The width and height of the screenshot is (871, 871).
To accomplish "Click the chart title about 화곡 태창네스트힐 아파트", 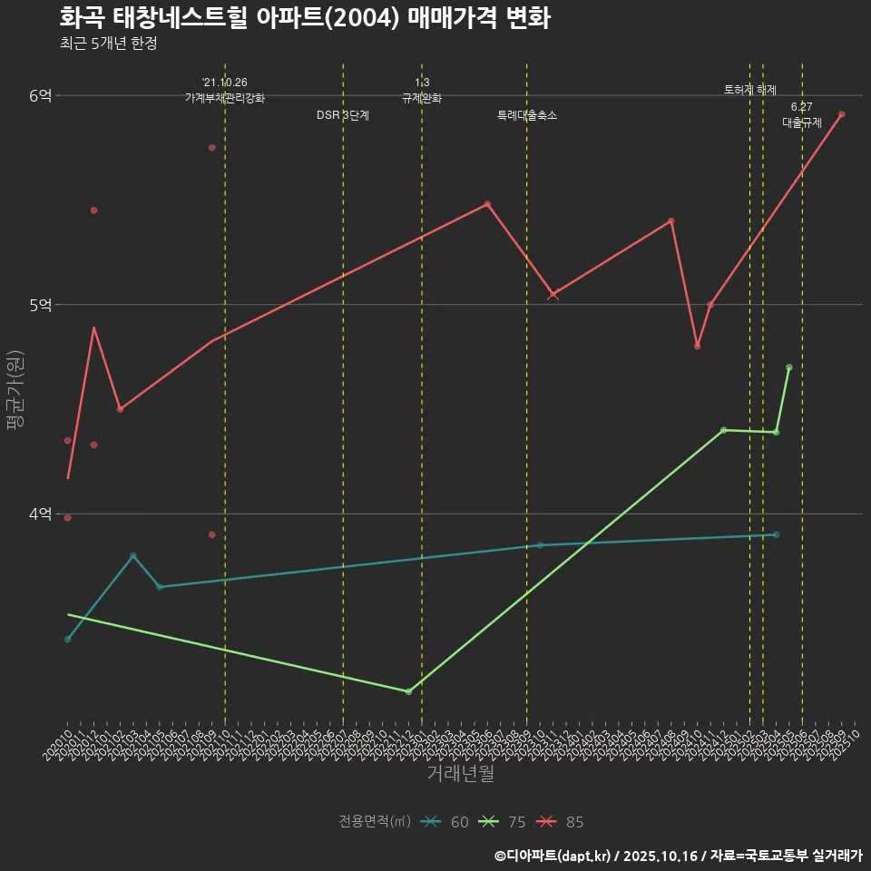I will tap(305, 18).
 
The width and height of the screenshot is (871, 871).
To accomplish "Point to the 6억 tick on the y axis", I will tap(41, 95).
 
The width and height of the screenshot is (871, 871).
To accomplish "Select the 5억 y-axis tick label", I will tap(41, 305).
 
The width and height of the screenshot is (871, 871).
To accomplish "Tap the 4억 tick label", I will tap(41, 514).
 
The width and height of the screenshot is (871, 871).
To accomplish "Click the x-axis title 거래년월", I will tap(461, 774).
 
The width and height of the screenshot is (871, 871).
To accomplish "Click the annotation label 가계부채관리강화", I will tap(225, 98).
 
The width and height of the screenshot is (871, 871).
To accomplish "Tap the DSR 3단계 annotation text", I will tap(343, 115).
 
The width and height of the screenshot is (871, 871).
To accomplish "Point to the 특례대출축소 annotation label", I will tap(527, 115).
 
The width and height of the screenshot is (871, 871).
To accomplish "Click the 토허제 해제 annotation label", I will tap(750, 90).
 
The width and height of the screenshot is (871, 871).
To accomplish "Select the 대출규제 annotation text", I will tap(802, 122).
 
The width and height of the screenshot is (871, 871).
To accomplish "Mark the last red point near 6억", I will tap(842, 114).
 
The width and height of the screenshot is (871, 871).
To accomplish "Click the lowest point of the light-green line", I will tap(408, 691).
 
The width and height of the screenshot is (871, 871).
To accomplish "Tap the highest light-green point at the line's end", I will tap(789, 367).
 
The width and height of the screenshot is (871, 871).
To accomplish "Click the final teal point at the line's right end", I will tap(776, 534).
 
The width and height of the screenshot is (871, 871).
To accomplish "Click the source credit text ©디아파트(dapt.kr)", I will tap(553, 856).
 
